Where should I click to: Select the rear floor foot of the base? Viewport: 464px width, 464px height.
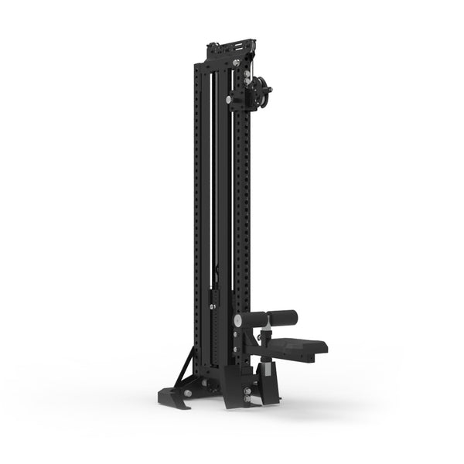click(x=173, y=397)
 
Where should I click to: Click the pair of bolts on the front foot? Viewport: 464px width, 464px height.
click(x=247, y=396)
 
